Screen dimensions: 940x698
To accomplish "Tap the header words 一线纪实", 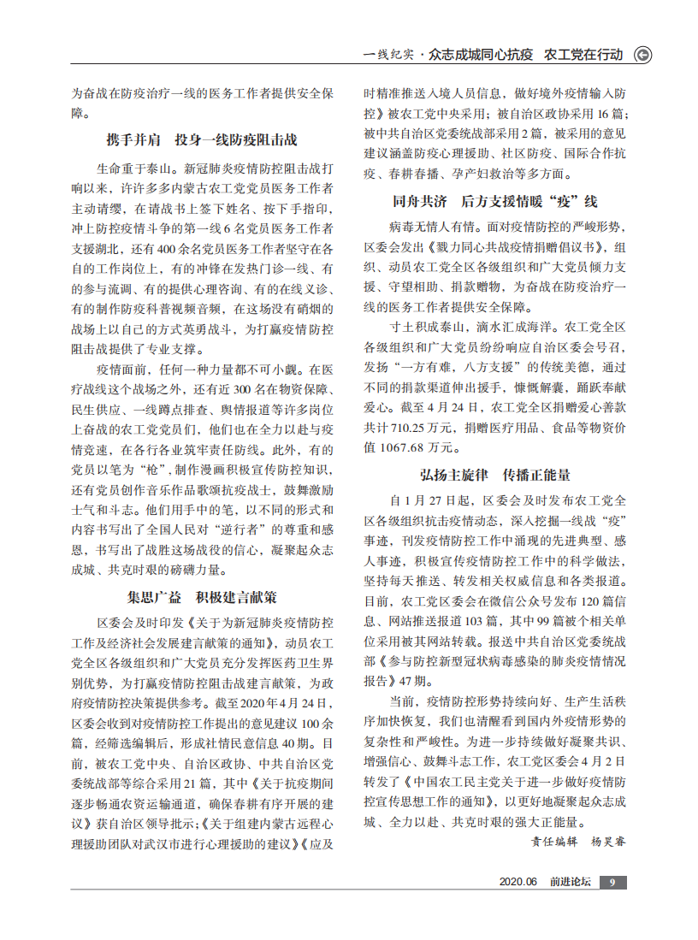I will pos(389,55).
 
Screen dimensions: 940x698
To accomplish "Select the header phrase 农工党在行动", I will pos(583,55).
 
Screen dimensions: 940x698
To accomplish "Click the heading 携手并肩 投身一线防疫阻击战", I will pos(202,139).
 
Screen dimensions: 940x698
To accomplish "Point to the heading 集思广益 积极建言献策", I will pos(202,595).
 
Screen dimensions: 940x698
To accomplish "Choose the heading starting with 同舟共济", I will pos(495,202).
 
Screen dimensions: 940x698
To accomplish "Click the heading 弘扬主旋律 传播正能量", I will pos(495,474).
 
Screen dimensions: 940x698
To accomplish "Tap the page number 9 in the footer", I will pos(613,883).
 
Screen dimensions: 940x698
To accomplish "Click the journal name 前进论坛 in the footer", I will pos(571,883).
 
